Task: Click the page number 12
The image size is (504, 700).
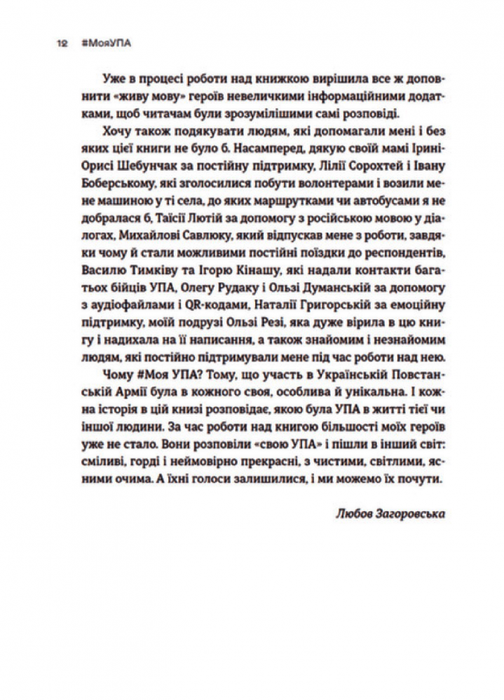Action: point(62,43)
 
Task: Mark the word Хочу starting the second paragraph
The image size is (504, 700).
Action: point(128,131)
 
